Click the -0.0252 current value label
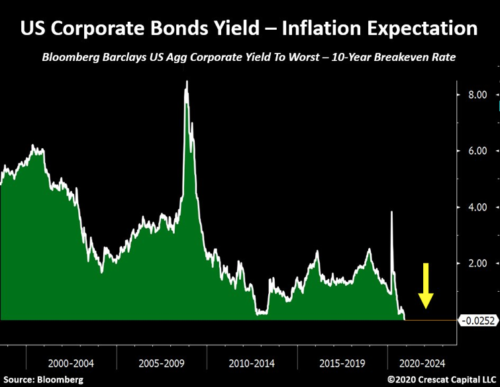[477, 321]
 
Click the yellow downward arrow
[426, 285]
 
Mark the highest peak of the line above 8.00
[187, 81]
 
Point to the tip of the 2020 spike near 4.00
[392, 212]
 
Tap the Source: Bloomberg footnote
[42, 380]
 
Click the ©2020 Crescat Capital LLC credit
[441, 380]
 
